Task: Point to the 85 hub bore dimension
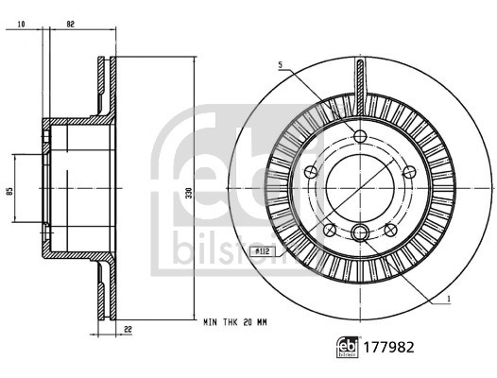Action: (x=9, y=190)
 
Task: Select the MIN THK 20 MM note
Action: (x=236, y=322)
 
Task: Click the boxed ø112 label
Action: (x=262, y=250)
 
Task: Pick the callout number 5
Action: (x=280, y=65)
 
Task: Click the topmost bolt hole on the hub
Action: (x=362, y=135)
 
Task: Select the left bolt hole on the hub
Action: (x=311, y=171)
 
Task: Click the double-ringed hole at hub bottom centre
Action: (x=362, y=232)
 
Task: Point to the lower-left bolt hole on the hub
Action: (x=330, y=231)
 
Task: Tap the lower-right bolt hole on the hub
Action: (x=394, y=231)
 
